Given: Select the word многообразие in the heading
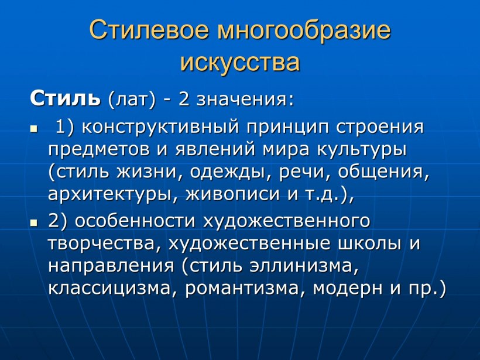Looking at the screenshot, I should tap(303, 31).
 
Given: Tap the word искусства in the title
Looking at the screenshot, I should tap(240, 61).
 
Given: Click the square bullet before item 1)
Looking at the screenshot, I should tap(33, 127).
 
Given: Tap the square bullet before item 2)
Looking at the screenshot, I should tap(33, 223).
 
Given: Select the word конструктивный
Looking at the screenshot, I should tap(160, 125).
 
